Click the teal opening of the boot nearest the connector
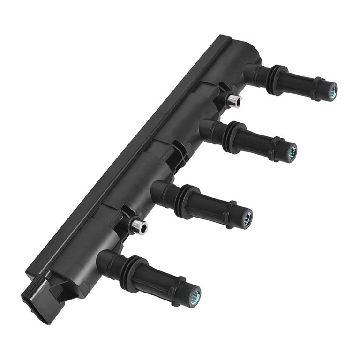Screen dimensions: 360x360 click(195, 295)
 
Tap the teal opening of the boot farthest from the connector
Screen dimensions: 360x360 click(332, 90)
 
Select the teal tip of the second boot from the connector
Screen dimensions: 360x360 click(247, 217)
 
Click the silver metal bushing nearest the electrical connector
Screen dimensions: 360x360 click(139, 227)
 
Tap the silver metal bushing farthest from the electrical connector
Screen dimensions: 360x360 click(234, 101)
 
